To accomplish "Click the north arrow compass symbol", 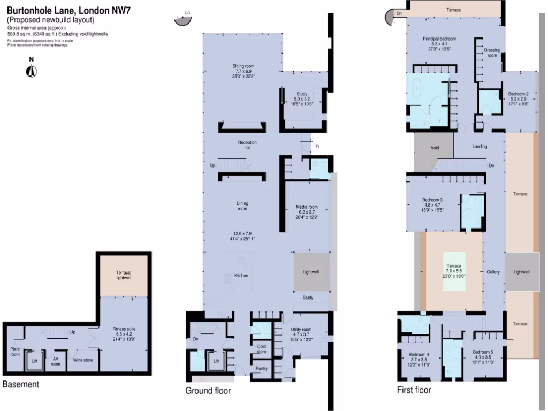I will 32,69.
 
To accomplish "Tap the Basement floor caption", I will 20,384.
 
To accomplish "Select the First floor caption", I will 414,390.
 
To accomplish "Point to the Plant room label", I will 15,352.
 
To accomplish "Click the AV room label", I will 55,361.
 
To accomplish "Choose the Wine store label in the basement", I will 83,360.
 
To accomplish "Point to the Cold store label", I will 262,349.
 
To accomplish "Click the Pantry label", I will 262,368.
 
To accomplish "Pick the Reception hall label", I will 247,144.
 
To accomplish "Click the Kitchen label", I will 241,276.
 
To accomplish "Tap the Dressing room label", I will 492,52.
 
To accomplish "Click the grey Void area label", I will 435,147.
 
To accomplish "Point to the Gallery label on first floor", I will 493,272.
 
